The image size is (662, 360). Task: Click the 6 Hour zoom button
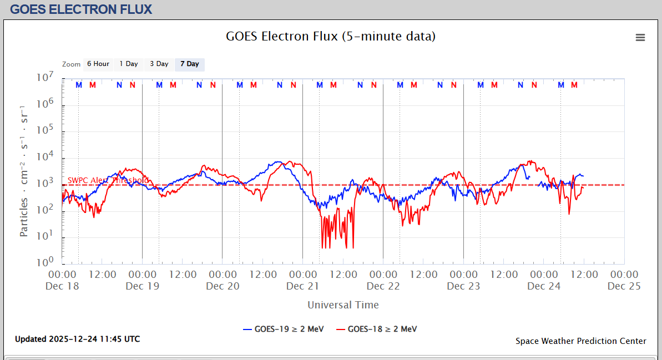click(x=98, y=64)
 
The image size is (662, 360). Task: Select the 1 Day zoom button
click(x=129, y=64)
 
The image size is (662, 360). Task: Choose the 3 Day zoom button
click(x=159, y=64)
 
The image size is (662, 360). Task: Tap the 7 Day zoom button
click(x=189, y=64)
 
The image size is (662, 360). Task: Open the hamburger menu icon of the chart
click(x=640, y=37)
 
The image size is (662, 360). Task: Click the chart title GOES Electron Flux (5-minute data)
click(x=331, y=37)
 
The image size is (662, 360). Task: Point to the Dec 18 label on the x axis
click(x=62, y=286)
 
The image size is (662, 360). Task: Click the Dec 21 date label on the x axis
click(x=302, y=286)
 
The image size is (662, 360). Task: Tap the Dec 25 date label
click(x=624, y=286)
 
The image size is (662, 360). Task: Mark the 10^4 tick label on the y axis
click(x=44, y=156)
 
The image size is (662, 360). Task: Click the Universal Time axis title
click(x=343, y=305)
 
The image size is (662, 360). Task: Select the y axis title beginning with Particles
click(x=24, y=170)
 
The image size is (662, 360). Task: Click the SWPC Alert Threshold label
click(x=108, y=180)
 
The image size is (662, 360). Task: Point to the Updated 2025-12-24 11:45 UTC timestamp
click(x=77, y=339)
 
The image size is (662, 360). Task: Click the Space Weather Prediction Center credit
click(x=580, y=341)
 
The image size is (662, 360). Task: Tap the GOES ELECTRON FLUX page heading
click(x=81, y=9)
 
